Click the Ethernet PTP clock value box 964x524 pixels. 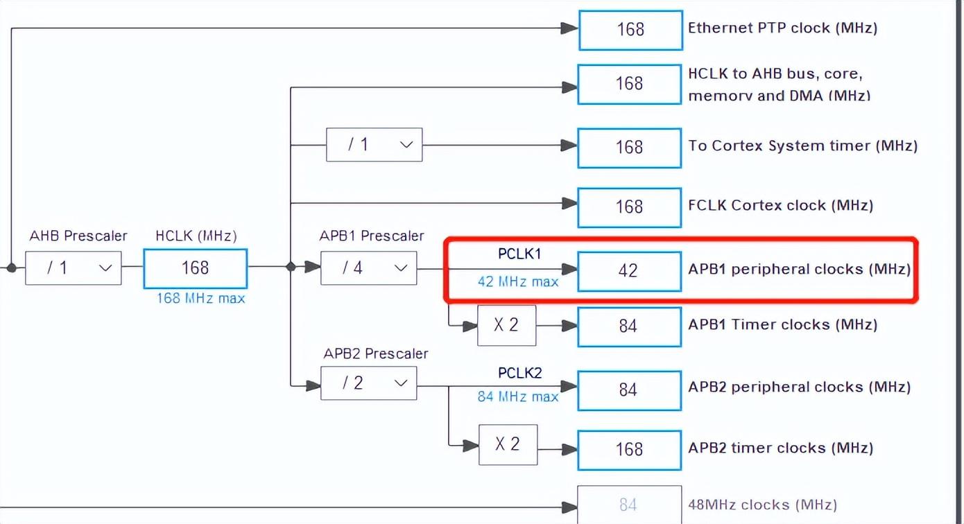point(630,30)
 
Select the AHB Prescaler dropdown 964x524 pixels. point(73,268)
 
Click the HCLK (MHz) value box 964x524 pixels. point(196,268)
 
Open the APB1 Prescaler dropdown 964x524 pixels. point(369,268)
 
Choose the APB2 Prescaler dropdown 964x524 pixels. point(369,383)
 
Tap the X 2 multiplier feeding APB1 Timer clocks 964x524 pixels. point(506,326)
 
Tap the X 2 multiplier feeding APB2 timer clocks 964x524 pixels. point(508,444)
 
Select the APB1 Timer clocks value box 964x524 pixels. point(629,326)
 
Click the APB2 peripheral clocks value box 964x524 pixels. point(629,390)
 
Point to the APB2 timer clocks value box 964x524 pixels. point(629,450)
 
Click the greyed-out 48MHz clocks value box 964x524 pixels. point(629,505)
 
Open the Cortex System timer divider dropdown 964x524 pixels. point(375,145)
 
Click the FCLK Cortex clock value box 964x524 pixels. point(629,207)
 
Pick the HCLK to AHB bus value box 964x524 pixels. point(629,85)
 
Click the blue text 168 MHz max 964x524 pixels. point(200,298)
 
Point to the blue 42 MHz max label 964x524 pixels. point(518,282)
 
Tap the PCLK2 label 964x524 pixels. point(519,373)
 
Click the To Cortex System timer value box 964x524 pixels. point(629,148)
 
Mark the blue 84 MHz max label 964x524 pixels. point(518,396)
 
